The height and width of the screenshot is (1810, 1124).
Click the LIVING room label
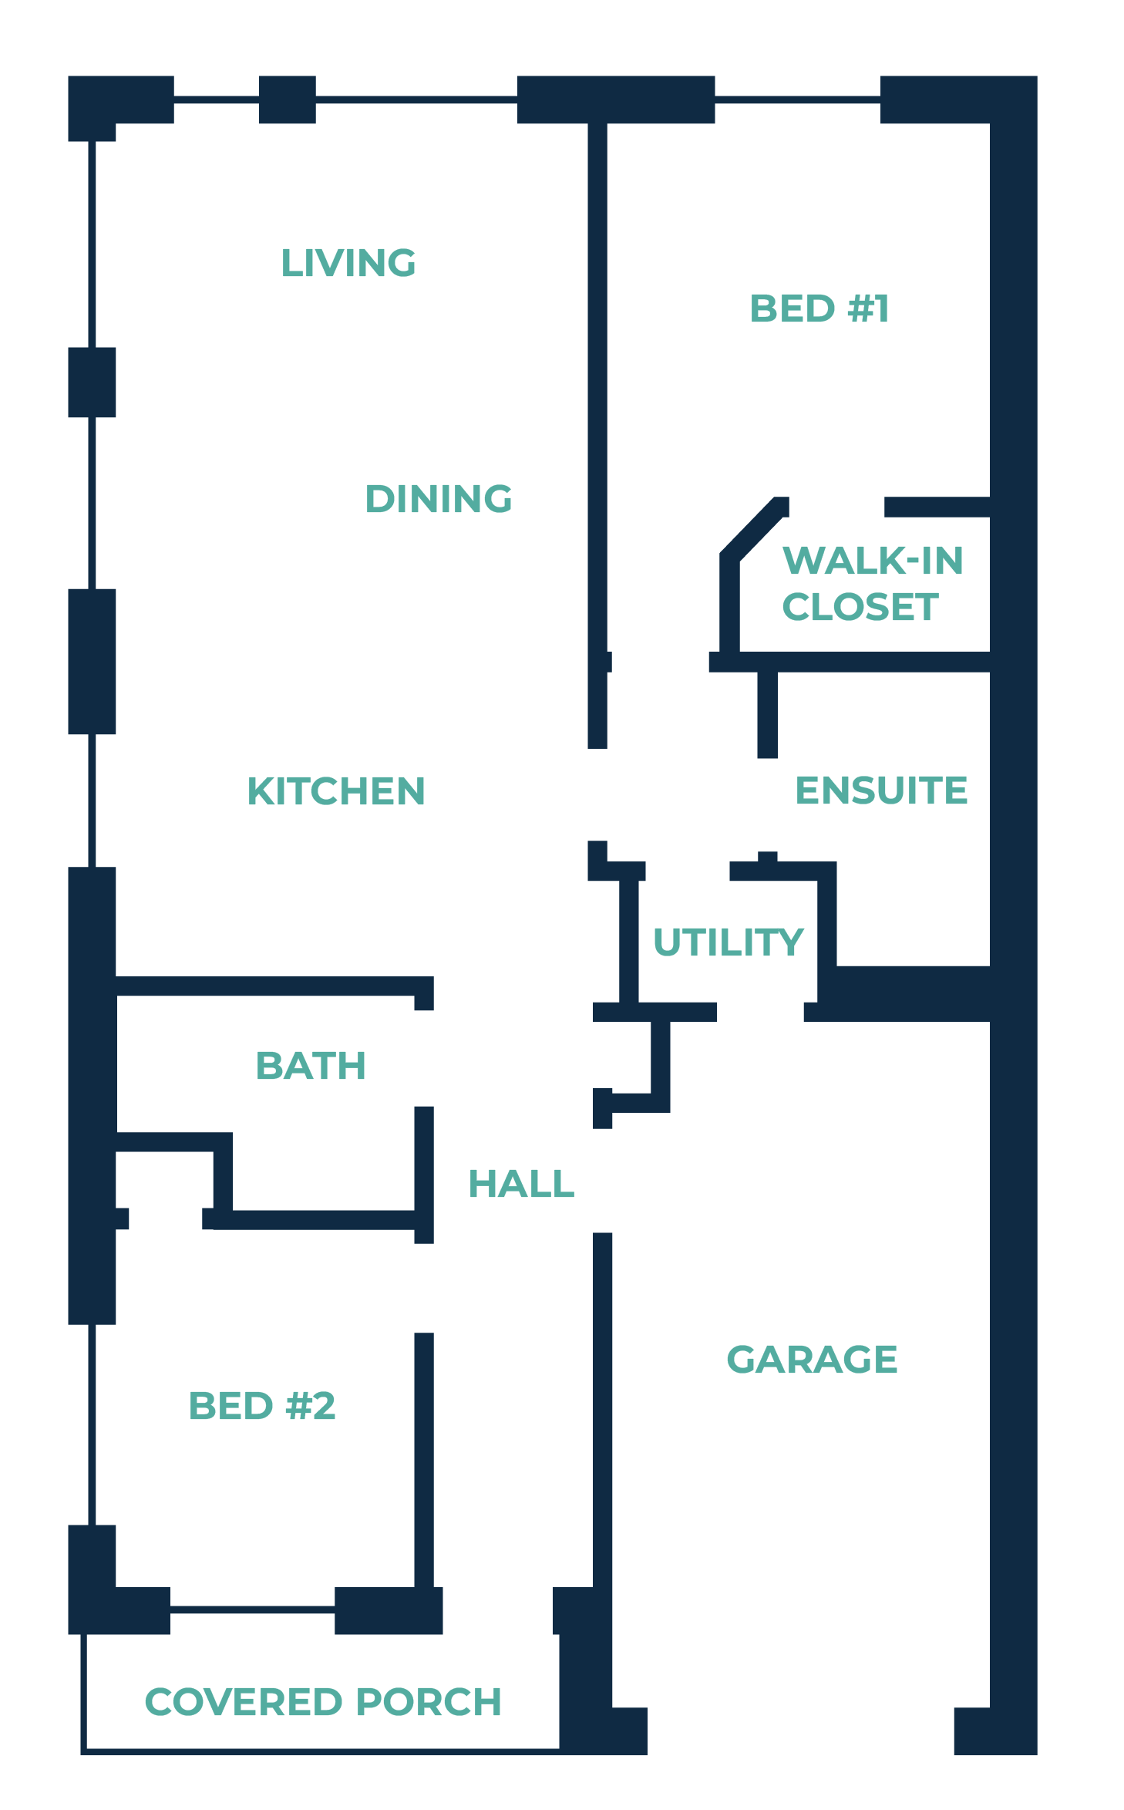[x=348, y=263]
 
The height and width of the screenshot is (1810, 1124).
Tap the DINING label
[x=438, y=499]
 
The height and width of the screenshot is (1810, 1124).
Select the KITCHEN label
[x=336, y=791]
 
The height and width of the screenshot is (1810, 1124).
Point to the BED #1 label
[x=819, y=308]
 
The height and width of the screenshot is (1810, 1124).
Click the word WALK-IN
[x=873, y=561]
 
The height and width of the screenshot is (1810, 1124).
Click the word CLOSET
[x=860, y=607]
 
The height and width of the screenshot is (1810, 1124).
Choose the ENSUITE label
[x=881, y=790]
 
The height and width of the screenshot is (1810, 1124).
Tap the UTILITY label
[x=729, y=942]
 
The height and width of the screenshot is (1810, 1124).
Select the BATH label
[x=311, y=1067]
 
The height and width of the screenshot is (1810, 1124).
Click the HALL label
[x=522, y=1184]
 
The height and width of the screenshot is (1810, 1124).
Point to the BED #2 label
[x=262, y=1406]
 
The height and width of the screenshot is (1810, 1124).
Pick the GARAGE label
[x=812, y=1360]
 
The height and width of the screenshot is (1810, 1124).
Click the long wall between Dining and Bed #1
[x=597, y=386]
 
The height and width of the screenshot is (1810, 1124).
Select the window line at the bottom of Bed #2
[x=252, y=1609]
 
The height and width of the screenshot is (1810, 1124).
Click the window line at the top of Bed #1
[x=797, y=99]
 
